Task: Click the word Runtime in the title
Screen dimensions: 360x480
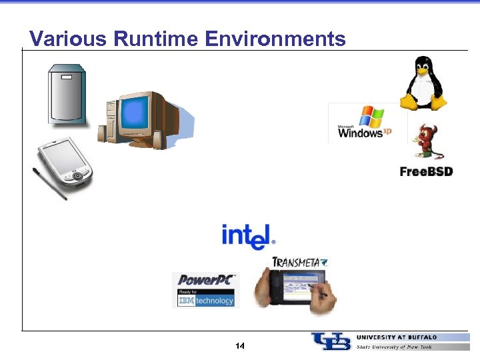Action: click(x=156, y=39)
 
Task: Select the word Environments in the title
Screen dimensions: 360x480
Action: click(x=275, y=39)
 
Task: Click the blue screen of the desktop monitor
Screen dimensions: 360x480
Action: click(x=137, y=114)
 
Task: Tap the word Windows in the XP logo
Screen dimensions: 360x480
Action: click(x=360, y=133)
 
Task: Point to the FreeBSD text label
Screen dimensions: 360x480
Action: click(x=426, y=171)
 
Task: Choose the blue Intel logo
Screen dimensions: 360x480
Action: click(x=247, y=236)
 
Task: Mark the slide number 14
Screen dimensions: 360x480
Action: click(x=240, y=346)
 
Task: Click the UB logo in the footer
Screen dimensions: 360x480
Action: click(x=331, y=341)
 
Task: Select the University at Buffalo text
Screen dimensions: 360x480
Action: click(x=397, y=337)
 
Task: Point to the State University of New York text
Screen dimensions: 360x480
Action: click(x=394, y=347)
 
